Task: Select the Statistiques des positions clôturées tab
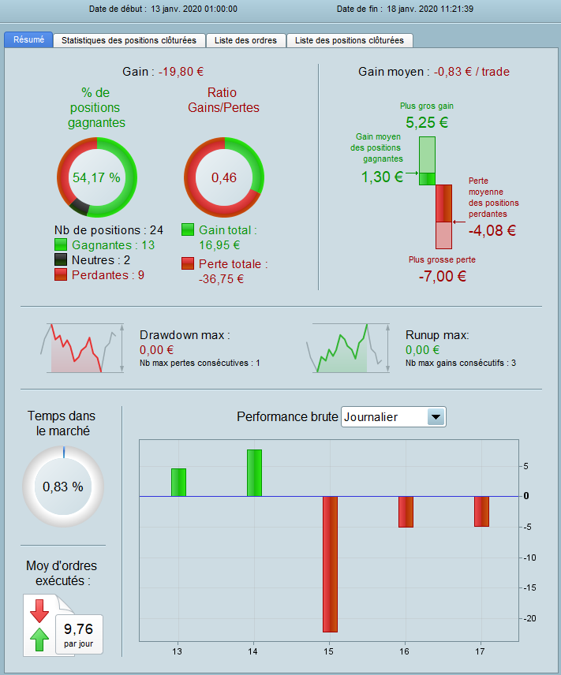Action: [x=129, y=40]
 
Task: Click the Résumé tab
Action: [x=29, y=40]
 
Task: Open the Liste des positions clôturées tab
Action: [x=350, y=40]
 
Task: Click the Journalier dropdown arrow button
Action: [x=436, y=417]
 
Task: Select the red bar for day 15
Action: [x=329, y=564]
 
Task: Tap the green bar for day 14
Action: [x=254, y=473]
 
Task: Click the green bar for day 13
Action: [x=178, y=483]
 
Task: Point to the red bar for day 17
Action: [x=481, y=511]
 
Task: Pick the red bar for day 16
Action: [x=406, y=511]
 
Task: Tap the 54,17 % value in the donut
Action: [x=96, y=177]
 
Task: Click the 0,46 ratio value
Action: [x=224, y=177]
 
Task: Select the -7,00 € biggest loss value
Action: [x=442, y=276]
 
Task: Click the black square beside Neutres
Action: [x=62, y=260]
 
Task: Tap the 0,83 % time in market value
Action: [x=63, y=487]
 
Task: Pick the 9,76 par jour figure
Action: [x=79, y=633]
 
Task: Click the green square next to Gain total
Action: [x=188, y=230]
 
